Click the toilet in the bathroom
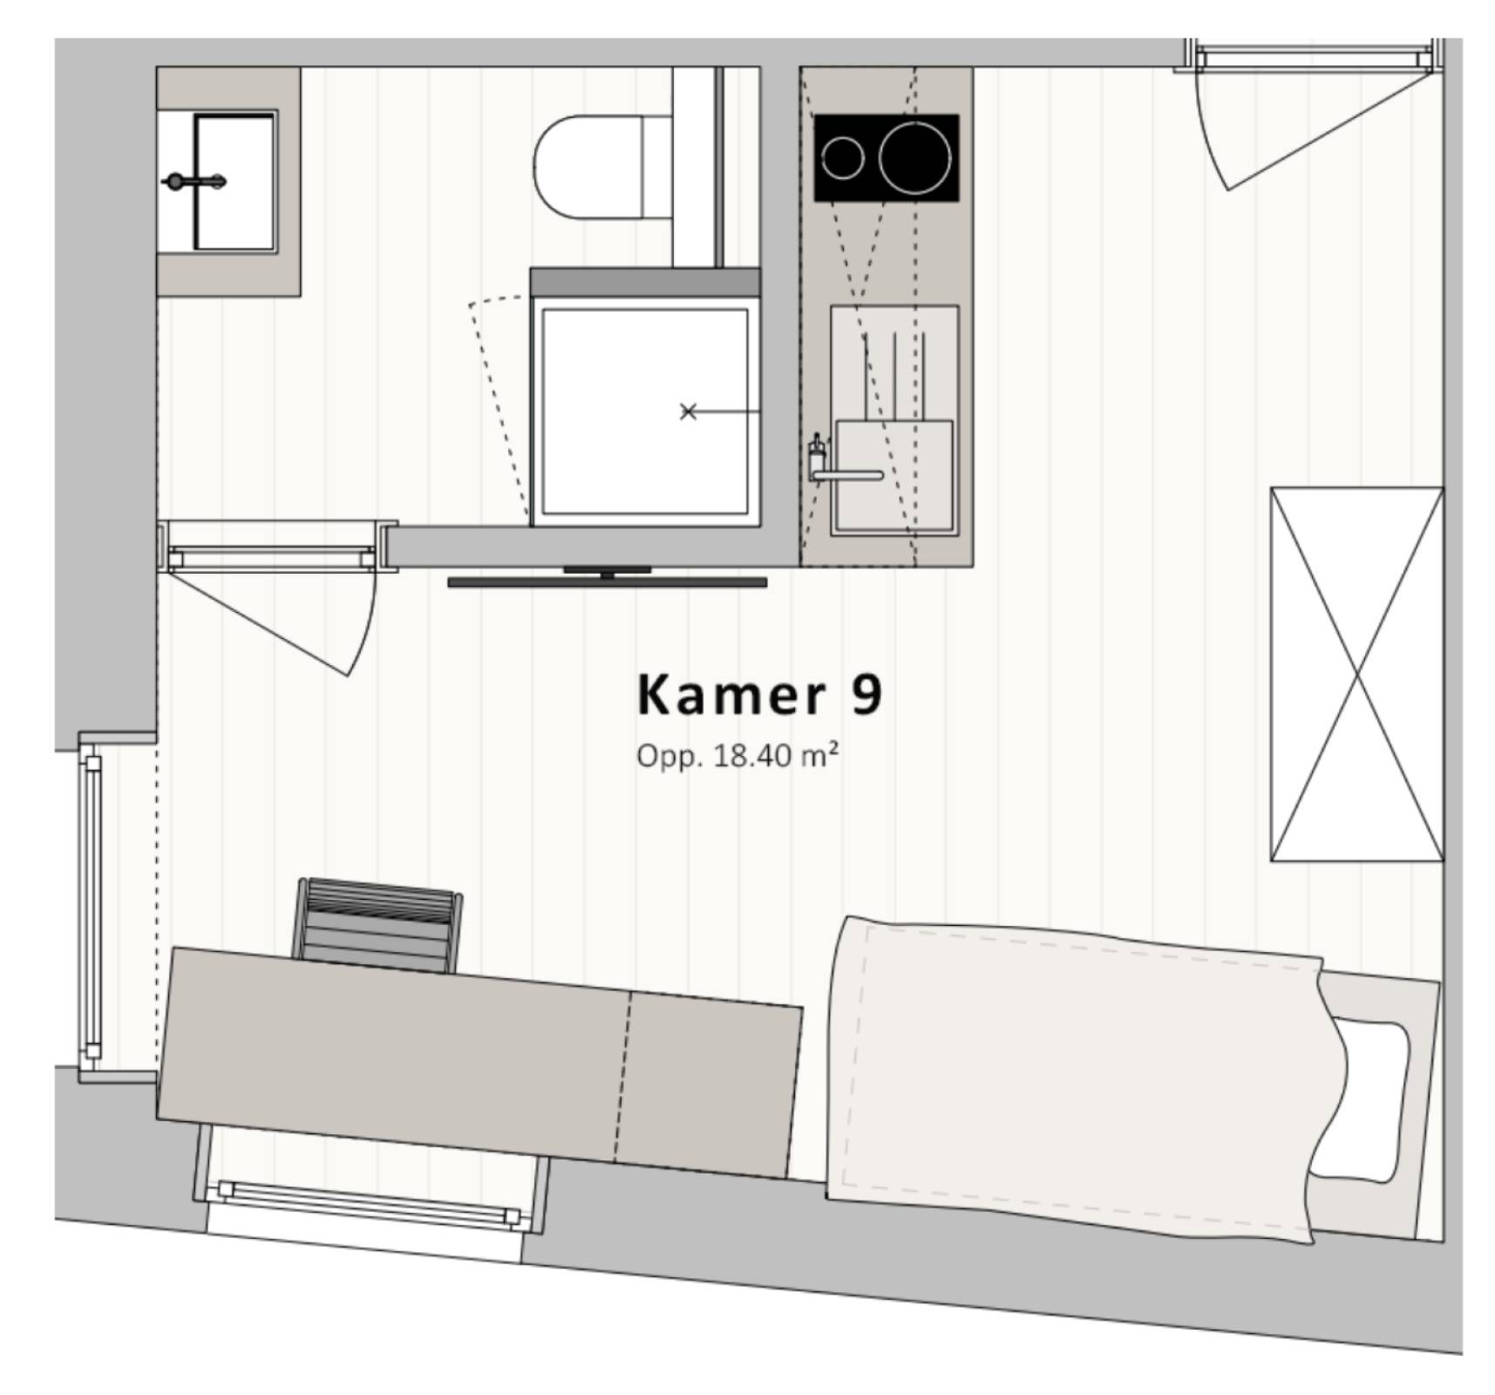pos(601,167)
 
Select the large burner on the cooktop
pos(914,158)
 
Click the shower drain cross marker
pos(688,411)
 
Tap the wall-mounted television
pos(608,577)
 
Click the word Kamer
pos(731,695)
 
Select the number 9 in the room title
pos(866,695)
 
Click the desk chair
pos(380,924)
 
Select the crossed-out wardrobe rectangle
pos(1356,674)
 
